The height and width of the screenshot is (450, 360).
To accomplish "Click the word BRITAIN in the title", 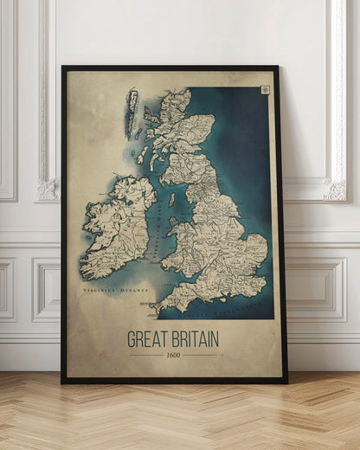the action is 195,338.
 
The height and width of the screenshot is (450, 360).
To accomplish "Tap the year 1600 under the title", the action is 173,355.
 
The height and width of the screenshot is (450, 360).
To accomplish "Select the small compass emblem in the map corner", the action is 264,89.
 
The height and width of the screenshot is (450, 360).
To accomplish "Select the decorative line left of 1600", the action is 145,355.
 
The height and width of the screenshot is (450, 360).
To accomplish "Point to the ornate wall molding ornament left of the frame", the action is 46,190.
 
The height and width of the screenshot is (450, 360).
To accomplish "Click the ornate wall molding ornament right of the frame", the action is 334,190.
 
